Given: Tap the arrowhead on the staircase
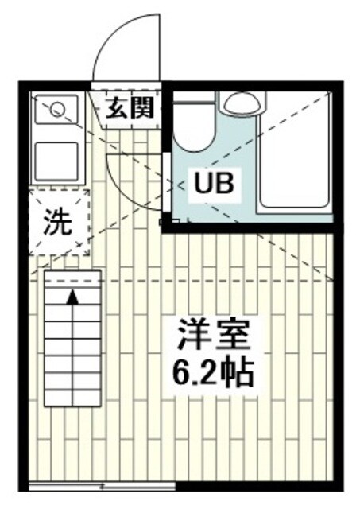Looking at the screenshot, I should click(x=72, y=297).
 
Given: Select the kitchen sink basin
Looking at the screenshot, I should click(x=57, y=161).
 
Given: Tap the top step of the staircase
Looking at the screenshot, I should click(x=72, y=279).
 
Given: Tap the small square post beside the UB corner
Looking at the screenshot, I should click(x=165, y=221).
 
